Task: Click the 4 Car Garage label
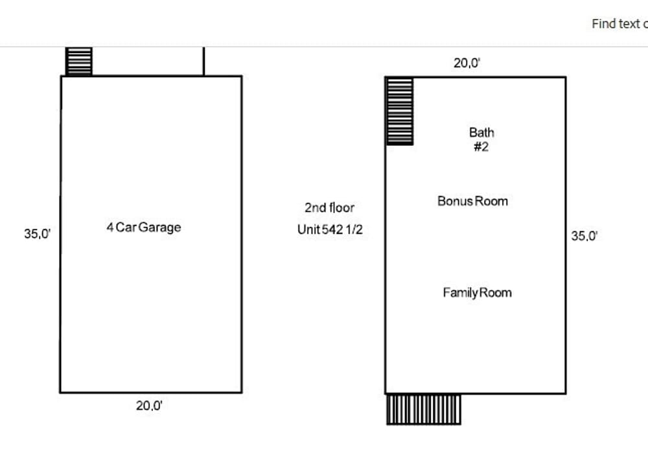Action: point(144,227)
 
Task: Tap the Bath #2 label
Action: point(481,140)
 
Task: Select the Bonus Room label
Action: point(473,202)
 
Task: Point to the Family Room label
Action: point(478,292)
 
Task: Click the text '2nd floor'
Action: point(329,207)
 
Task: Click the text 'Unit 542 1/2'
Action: point(330,229)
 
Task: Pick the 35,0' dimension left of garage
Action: point(37,234)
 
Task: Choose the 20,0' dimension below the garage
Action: point(149,406)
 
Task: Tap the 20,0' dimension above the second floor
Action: point(467,63)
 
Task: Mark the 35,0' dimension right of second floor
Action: point(584,236)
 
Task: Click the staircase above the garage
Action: point(79,62)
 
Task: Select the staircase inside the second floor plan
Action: point(400,111)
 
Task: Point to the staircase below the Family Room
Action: point(424,410)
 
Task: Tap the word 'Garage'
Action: point(159,227)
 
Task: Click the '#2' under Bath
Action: point(481,146)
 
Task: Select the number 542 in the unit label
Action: point(332,229)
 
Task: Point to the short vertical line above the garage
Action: point(203,62)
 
